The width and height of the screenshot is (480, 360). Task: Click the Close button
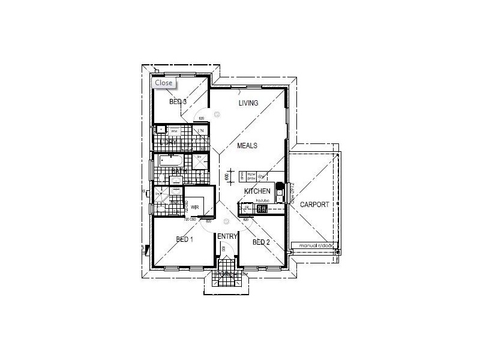[x=163, y=83]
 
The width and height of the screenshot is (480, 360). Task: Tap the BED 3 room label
[x=178, y=102]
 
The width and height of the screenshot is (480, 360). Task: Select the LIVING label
[x=248, y=103]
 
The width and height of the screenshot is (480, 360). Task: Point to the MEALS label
[x=247, y=146]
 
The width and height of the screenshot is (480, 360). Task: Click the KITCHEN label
[x=257, y=191]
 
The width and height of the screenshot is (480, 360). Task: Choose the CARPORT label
[x=314, y=205]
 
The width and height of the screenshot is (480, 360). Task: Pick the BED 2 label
[x=262, y=242]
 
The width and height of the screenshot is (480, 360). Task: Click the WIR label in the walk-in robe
[x=195, y=208]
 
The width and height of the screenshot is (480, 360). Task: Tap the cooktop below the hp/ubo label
[x=262, y=209]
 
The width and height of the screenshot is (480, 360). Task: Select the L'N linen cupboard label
[x=201, y=131]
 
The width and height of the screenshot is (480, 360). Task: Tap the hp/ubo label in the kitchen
[x=261, y=200]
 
